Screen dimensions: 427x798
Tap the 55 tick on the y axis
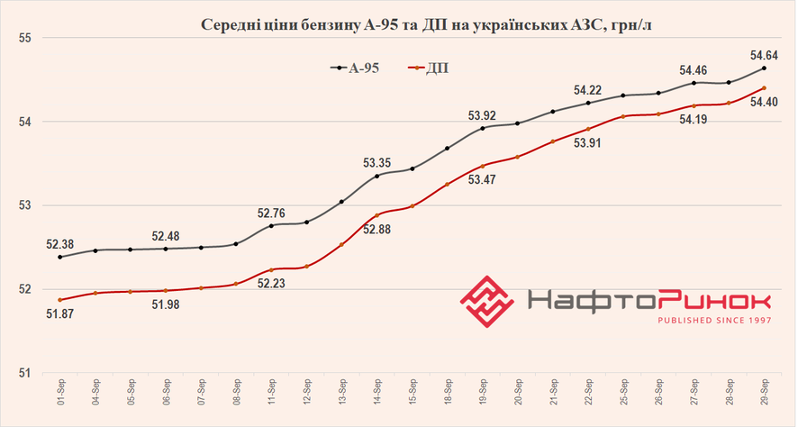point(23,38)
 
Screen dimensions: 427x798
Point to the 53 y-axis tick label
point(23,205)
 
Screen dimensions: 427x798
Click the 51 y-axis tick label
point(23,373)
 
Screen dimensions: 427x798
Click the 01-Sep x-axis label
point(60,393)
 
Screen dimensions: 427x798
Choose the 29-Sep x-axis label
point(764,393)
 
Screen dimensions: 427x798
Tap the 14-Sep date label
point(376,393)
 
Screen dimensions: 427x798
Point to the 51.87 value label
point(59,313)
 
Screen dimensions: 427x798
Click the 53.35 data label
point(376,163)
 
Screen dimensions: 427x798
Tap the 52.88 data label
point(376,229)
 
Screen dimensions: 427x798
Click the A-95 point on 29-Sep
point(764,68)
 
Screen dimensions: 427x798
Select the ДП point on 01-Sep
point(60,300)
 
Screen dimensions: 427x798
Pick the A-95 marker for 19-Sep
point(483,128)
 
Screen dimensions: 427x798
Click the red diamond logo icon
point(487,300)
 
